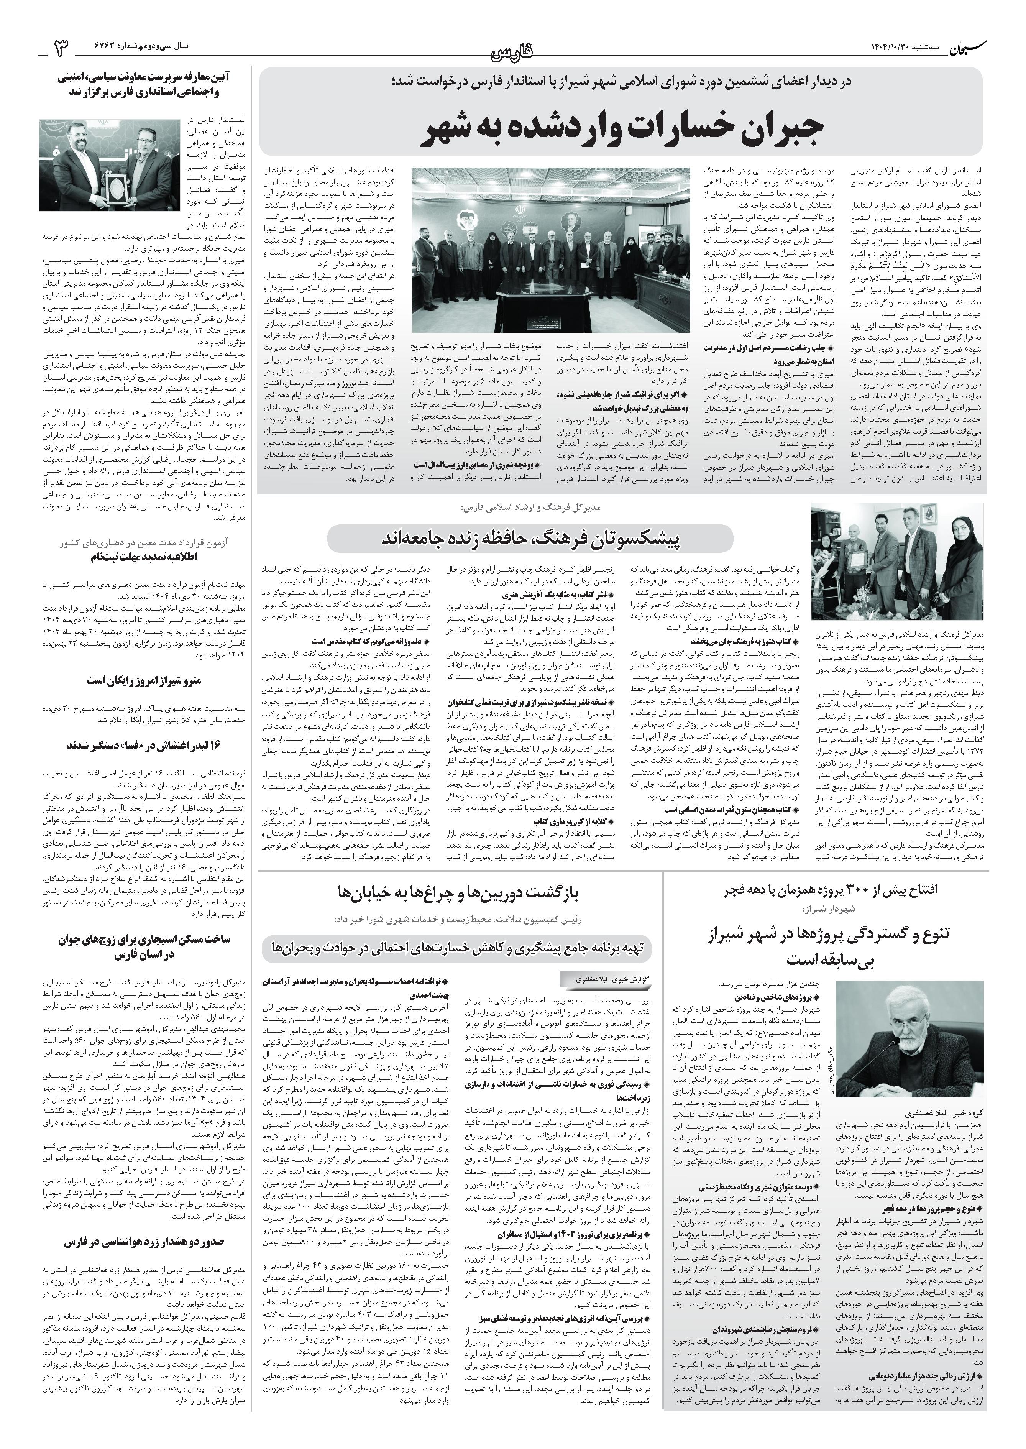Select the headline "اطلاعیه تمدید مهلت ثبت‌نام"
pyautogui.click(x=155, y=557)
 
